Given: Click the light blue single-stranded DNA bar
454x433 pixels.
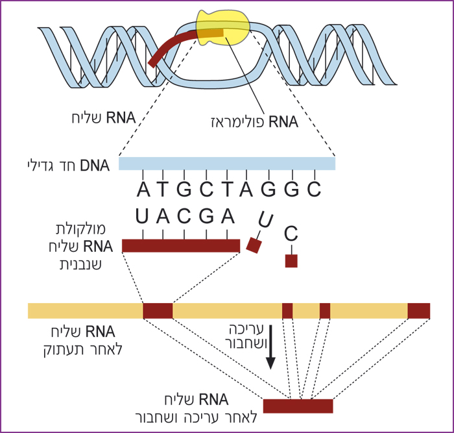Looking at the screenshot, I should point(227,164).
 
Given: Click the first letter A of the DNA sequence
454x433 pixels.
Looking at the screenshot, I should point(143,190).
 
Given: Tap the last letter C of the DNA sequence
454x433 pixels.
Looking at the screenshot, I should point(315,190).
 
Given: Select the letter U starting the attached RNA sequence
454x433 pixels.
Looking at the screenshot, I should point(143,216).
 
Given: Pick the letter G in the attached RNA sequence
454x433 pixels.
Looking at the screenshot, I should point(206,216).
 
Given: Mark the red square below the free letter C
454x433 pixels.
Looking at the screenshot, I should point(291,261).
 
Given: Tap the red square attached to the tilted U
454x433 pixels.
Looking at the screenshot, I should point(254,246).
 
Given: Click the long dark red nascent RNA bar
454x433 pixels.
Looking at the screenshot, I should point(181,245).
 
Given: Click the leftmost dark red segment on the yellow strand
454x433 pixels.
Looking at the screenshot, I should point(158,310).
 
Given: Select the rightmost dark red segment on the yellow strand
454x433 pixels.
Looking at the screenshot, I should point(418,310).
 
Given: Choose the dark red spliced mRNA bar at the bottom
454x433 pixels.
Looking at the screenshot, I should point(298,406).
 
